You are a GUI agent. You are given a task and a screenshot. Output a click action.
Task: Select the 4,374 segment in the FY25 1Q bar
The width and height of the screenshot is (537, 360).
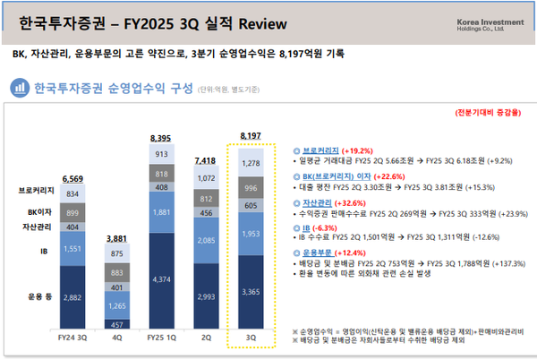tap(160, 280)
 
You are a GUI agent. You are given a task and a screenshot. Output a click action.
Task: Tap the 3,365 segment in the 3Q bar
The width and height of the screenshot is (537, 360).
tap(252, 291)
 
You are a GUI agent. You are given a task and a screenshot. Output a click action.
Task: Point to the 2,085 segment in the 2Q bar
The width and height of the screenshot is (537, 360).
tap(206, 240)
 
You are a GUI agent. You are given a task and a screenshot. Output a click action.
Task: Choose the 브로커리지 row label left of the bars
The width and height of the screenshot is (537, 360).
tap(34, 192)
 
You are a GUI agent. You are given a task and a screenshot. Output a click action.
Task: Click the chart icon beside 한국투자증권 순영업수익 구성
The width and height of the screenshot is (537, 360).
tap(19, 88)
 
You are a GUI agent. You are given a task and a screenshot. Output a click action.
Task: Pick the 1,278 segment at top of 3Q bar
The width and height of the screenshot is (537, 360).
tap(252, 163)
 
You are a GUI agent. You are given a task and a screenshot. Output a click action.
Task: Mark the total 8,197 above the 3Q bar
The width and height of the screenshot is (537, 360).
tap(252, 136)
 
